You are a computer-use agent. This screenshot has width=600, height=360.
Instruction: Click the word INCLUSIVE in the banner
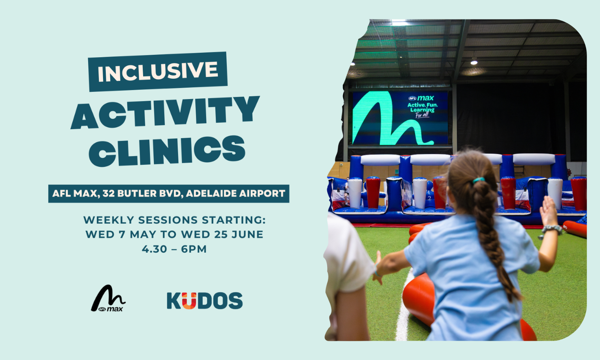(158, 72)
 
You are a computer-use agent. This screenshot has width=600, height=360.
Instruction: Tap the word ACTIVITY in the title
(165, 112)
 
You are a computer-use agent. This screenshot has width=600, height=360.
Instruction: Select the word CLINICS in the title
(167, 150)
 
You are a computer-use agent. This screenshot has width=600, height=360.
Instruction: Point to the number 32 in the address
(108, 193)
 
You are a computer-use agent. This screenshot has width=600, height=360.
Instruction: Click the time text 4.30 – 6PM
(174, 249)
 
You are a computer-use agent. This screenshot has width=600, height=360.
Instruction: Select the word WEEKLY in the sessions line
(109, 220)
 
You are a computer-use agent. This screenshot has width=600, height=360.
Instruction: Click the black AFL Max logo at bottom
(108, 298)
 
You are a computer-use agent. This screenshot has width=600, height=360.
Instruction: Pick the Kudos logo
(205, 301)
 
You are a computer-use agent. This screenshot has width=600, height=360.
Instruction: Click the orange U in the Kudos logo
(189, 301)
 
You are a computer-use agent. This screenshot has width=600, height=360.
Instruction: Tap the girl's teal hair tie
(478, 180)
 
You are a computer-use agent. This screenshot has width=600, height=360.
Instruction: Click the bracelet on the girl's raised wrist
(551, 229)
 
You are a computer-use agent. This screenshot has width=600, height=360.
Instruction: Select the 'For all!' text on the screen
(422, 115)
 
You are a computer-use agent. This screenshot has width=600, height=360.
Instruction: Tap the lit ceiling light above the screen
(474, 62)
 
